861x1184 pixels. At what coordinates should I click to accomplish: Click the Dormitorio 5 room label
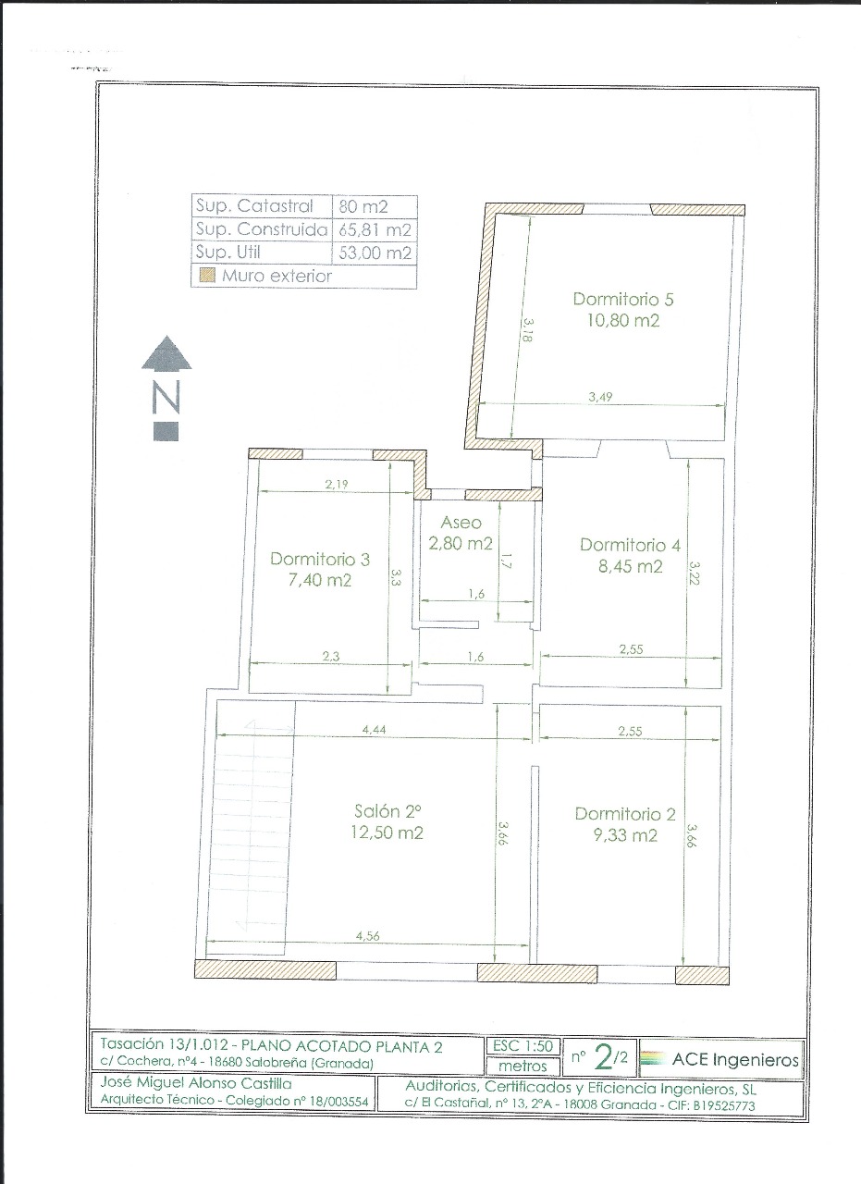click(x=623, y=299)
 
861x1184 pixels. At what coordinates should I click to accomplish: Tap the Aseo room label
click(x=461, y=523)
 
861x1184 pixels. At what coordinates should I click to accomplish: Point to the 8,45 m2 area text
click(x=630, y=567)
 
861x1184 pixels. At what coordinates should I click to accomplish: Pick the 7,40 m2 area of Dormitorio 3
click(x=319, y=580)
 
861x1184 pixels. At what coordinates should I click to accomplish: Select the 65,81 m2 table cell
click(x=375, y=230)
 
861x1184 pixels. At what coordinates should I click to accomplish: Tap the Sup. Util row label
click(x=228, y=253)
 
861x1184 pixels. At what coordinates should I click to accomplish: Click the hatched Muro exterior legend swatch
click(x=208, y=276)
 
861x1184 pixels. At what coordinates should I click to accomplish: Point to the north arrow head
click(x=166, y=352)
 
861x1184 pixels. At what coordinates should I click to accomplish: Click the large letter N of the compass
click(x=166, y=397)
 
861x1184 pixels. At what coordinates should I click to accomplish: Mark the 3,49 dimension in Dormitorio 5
click(x=600, y=397)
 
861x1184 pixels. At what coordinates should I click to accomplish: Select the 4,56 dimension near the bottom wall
click(x=368, y=936)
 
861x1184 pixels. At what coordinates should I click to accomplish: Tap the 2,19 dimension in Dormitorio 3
click(x=337, y=484)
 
